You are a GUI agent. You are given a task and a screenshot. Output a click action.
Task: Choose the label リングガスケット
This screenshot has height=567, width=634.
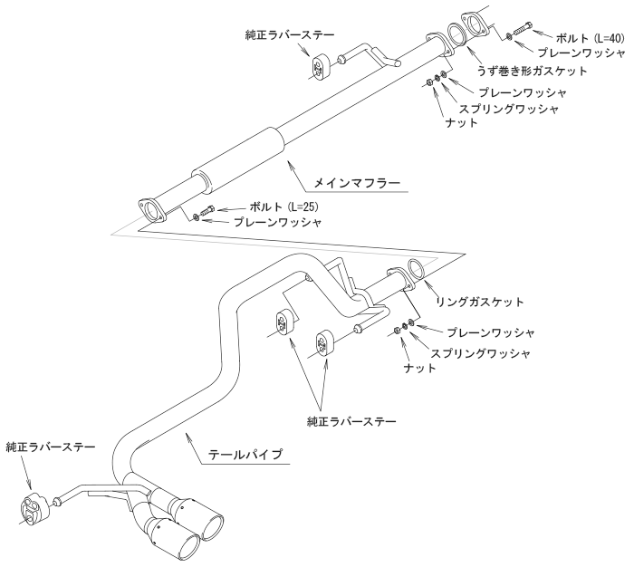pyautogui.click(x=480, y=299)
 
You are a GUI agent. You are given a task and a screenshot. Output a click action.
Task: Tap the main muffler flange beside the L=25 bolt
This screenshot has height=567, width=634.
pyautogui.click(x=152, y=208)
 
